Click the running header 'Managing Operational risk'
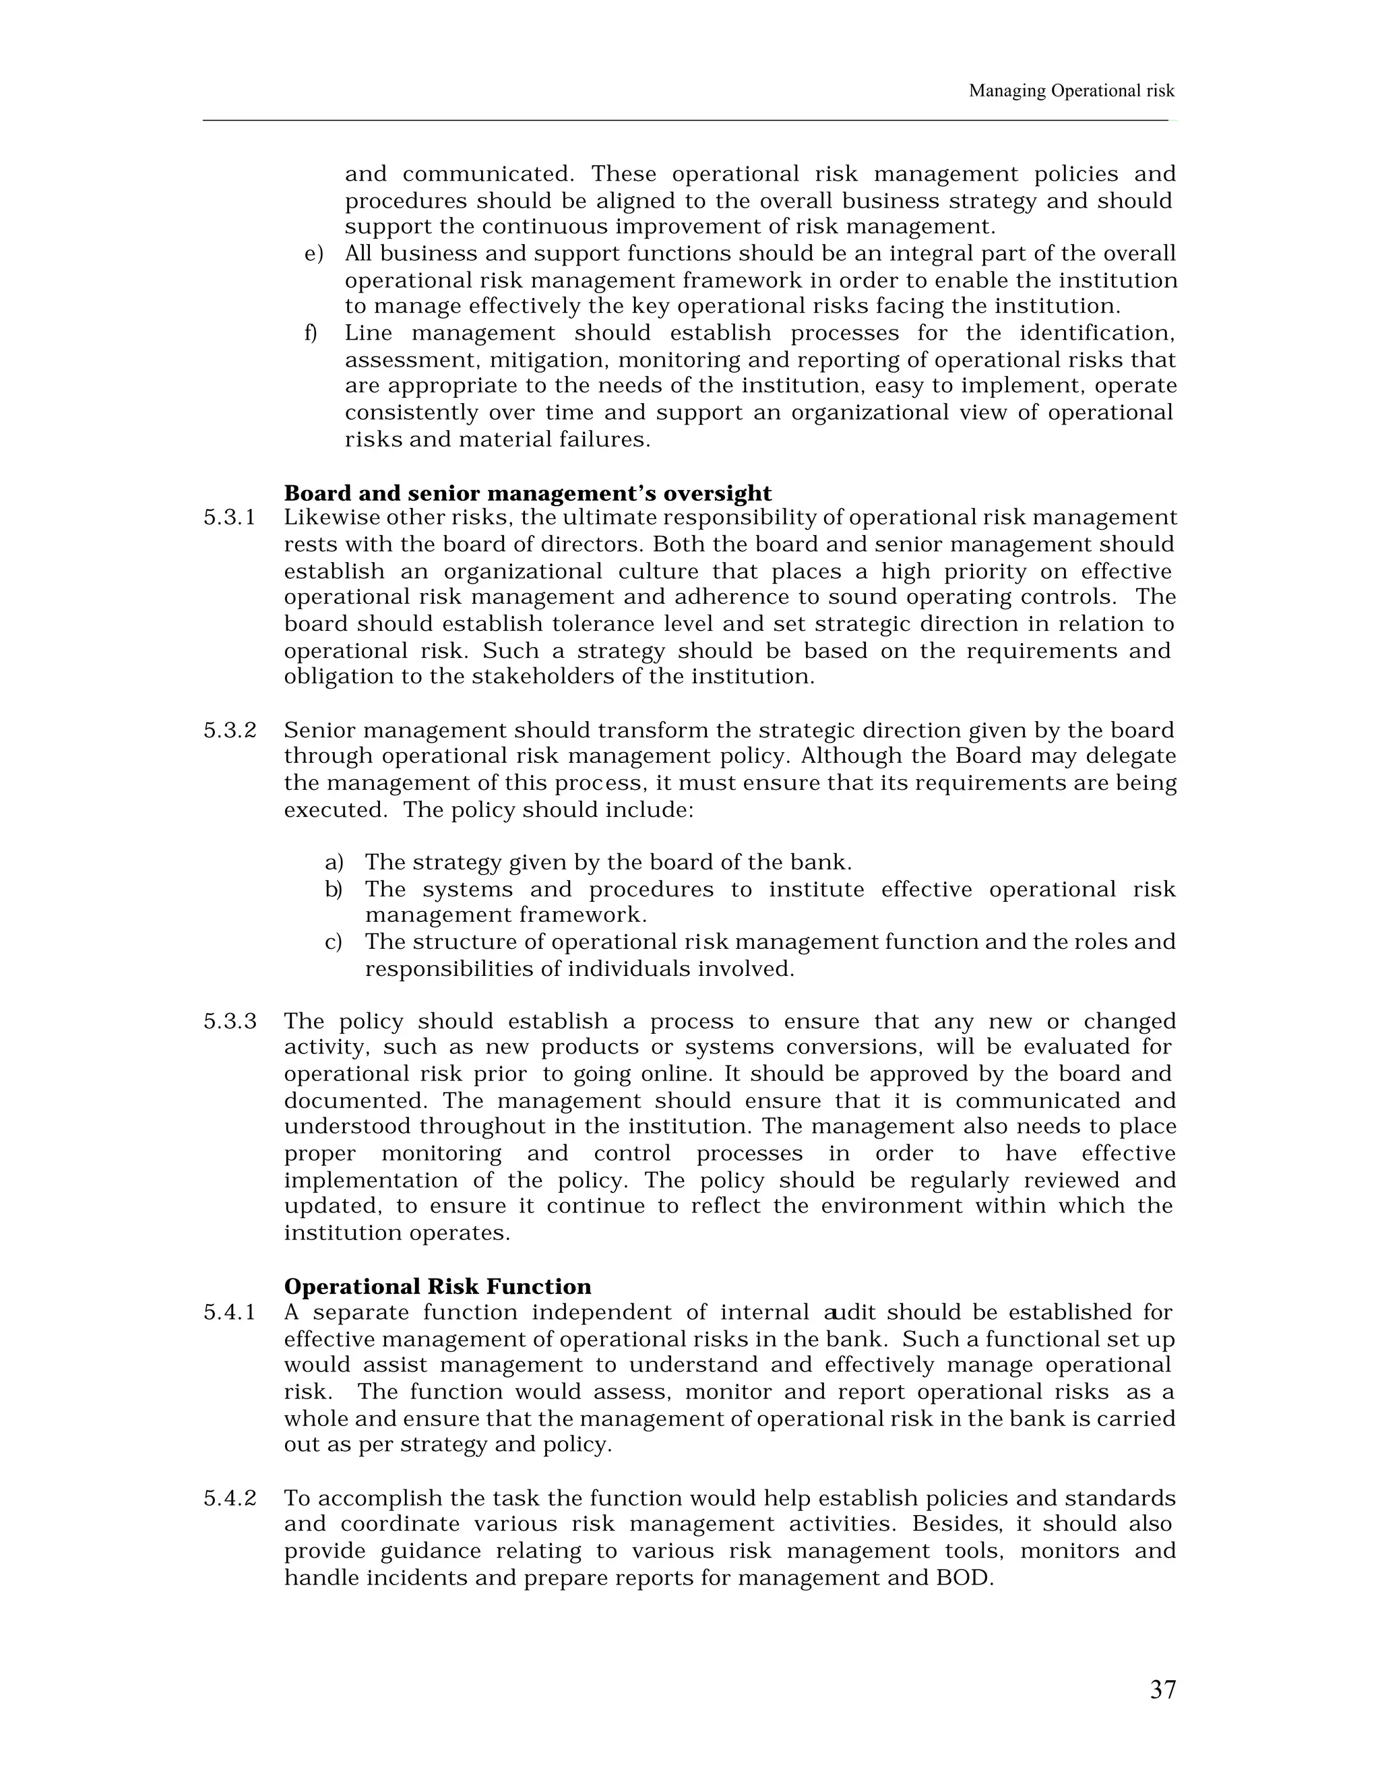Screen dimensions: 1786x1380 click(x=1071, y=91)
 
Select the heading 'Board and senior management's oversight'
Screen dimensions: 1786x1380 click(x=528, y=493)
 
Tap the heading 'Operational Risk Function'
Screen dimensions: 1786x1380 click(x=437, y=1287)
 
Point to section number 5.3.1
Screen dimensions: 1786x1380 click(x=229, y=518)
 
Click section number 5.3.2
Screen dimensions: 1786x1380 click(x=229, y=731)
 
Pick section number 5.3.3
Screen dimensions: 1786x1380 click(x=229, y=1021)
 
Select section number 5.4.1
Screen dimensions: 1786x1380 click(x=229, y=1312)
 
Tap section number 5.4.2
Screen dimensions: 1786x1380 click(x=229, y=1498)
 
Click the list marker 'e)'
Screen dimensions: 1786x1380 click(x=314, y=253)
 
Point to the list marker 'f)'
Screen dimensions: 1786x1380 click(x=311, y=333)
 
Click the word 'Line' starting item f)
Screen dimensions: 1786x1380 click(x=368, y=333)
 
